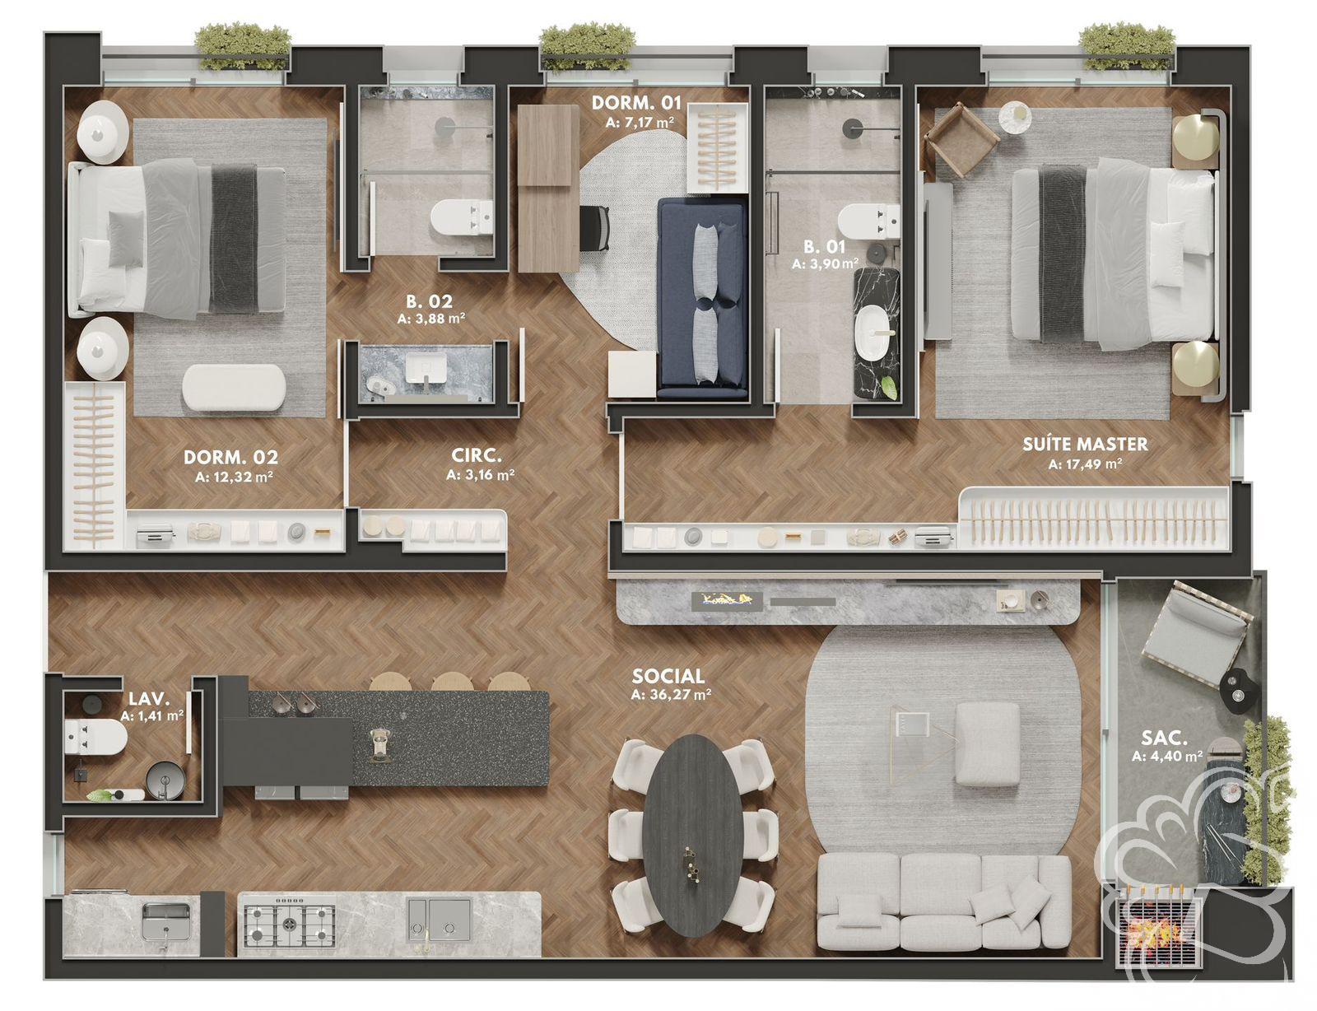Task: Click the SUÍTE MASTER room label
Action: click(x=1085, y=444)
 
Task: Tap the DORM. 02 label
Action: click(x=230, y=457)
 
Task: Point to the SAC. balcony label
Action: click(x=1163, y=738)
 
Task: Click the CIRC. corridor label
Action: click(x=477, y=455)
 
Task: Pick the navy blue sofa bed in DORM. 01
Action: click(x=703, y=297)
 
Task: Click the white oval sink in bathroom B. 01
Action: click(x=873, y=334)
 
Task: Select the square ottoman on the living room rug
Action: click(x=988, y=743)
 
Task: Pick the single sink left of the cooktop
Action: click(x=167, y=920)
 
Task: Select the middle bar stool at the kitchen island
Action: click(x=449, y=683)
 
